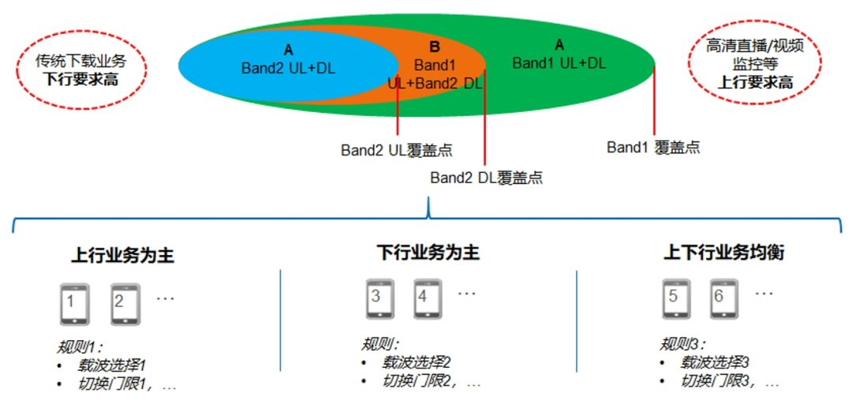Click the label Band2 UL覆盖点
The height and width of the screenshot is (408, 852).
pyautogui.click(x=396, y=150)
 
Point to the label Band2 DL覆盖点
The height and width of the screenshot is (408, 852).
pyautogui.click(x=486, y=178)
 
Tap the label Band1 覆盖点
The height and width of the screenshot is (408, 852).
pyautogui.click(x=653, y=147)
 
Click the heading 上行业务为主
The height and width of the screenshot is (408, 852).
pyautogui.click(x=122, y=256)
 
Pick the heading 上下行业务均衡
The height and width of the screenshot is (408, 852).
pyautogui.click(x=723, y=253)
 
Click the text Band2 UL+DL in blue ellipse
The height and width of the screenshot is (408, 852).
pyautogui.click(x=288, y=69)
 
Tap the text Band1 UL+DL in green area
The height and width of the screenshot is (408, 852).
pyautogui.click(x=559, y=63)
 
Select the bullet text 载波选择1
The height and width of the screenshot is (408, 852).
pyautogui.click(x=112, y=365)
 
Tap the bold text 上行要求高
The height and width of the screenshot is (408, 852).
pyautogui.click(x=755, y=82)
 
